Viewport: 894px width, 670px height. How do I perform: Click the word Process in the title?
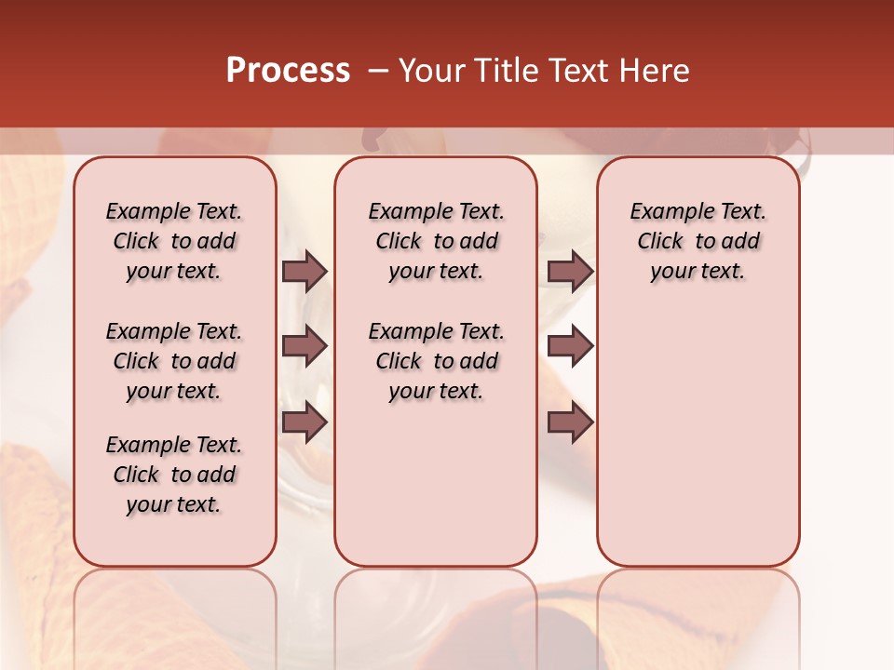tap(288, 71)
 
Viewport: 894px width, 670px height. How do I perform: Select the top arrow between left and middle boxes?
tap(305, 271)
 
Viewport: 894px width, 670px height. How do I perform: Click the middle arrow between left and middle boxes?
tap(305, 346)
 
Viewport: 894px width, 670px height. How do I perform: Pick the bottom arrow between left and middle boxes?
tap(305, 422)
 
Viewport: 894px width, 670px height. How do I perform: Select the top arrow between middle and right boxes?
tap(570, 271)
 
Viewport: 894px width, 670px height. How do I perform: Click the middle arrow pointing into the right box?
tap(570, 346)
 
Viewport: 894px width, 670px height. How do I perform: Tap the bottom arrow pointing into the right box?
tap(570, 422)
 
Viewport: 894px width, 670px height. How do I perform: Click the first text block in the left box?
tap(174, 241)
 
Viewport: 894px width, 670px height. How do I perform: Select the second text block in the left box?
tap(174, 361)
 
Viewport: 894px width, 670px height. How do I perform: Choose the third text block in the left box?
tap(174, 475)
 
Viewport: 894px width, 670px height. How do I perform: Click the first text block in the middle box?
tap(436, 241)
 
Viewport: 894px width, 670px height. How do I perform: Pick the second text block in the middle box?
tap(436, 361)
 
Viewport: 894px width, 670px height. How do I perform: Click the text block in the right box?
tap(698, 241)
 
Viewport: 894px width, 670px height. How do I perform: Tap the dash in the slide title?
tap(377, 71)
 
